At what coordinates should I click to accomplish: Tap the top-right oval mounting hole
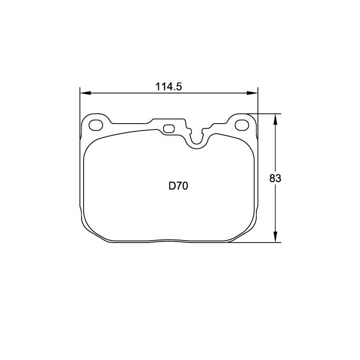click(242, 125)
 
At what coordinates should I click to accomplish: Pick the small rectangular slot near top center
click(169, 128)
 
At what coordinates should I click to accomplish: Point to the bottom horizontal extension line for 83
click(258, 243)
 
